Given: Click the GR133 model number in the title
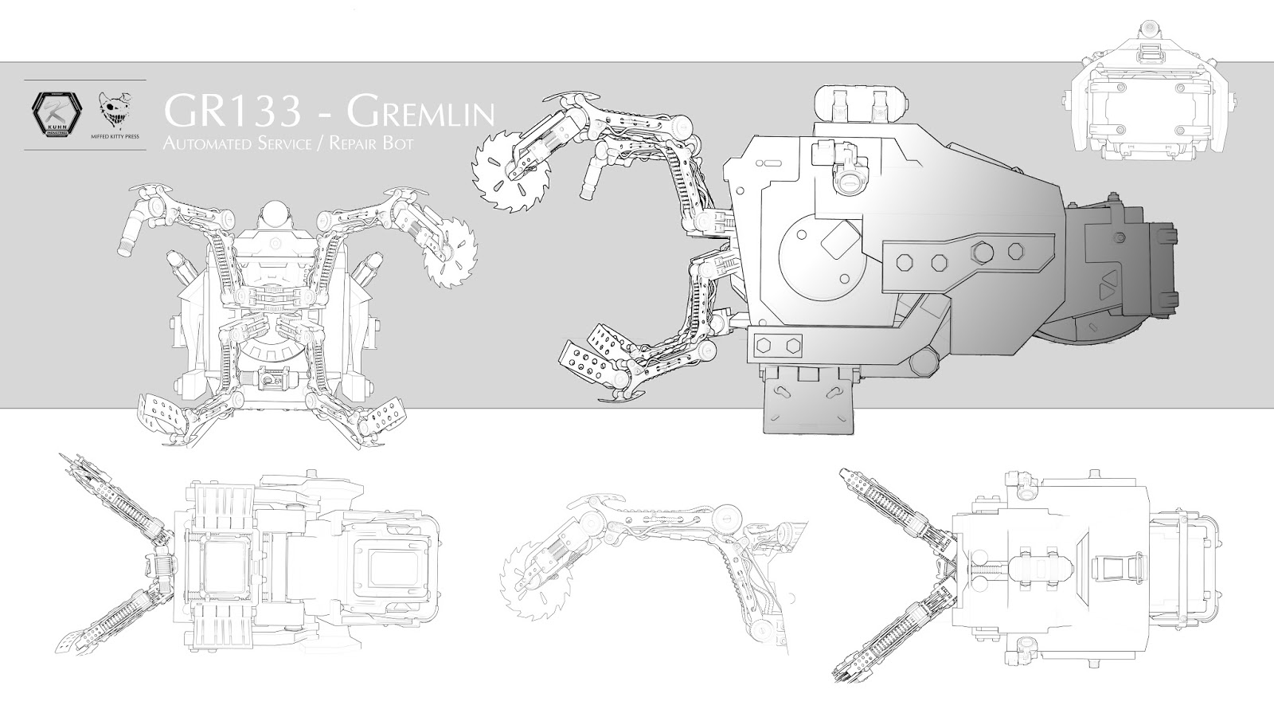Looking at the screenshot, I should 232,113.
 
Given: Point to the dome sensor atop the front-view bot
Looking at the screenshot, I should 273,214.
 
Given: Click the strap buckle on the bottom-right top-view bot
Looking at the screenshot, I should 1115,568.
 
